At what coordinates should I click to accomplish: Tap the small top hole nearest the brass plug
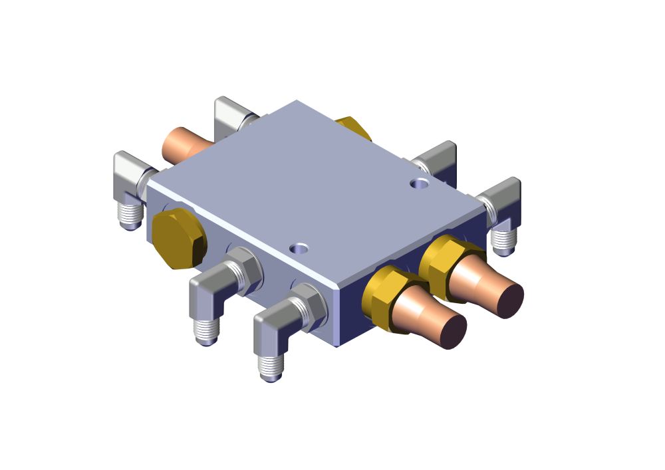click(300, 249)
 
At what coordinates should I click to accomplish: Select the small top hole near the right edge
click(419, 182)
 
